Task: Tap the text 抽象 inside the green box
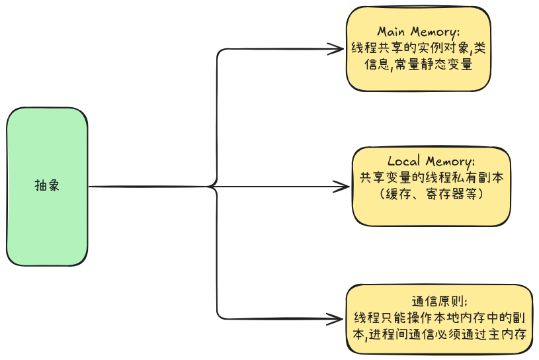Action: (47, 186)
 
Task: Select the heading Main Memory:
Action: (418, 32)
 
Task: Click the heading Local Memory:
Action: (431, 161)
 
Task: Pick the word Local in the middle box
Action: (403, 161)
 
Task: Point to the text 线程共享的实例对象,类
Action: (419, 48)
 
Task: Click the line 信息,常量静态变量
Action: (418, 64)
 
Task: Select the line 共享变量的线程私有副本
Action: (431, 177)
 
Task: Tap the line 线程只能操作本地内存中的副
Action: (439, 317)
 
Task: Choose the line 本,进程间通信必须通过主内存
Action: (439, 334)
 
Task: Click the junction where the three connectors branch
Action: (216, 187)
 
